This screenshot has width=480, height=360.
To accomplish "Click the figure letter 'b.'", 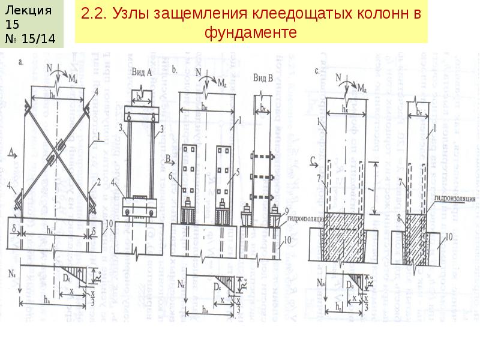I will point(173,70).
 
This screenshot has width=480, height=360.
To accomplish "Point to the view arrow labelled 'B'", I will point(170,159).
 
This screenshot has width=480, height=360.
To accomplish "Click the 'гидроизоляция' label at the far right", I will point(454,197).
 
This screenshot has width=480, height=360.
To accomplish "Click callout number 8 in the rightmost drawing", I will point(399,215).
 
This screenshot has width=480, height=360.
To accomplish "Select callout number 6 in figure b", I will point(171,177).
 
